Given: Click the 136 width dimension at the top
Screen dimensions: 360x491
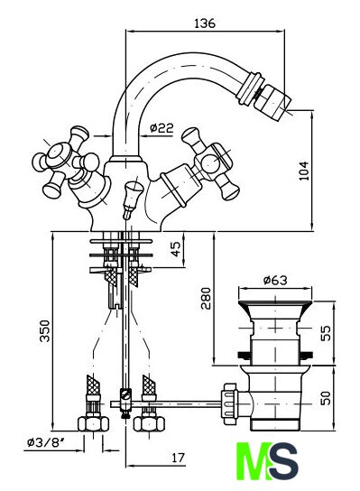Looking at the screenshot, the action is pos(205,23).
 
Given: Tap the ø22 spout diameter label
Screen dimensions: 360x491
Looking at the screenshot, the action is pos(162,128).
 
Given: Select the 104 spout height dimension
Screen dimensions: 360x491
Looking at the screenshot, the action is pos(304,171).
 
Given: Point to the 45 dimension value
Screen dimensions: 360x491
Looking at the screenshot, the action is pos(176,249).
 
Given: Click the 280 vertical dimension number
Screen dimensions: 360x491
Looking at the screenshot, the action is pos(206,298).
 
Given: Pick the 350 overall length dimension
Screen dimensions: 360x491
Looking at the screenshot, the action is pos(44,330).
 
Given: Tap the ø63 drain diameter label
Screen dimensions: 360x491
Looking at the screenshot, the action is pos(275,281).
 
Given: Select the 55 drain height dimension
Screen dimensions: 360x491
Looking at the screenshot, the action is pos(326,333).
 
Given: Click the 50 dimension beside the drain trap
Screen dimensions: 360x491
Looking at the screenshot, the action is pos(326,398).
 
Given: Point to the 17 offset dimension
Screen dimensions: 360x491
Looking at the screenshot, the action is pos(178,458).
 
